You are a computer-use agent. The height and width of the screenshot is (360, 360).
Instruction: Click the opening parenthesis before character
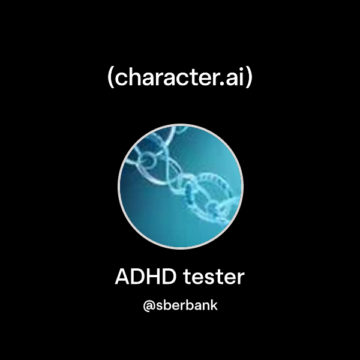[x=111, y=79]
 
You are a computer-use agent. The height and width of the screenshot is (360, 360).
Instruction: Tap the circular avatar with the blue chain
[x=180, y=186]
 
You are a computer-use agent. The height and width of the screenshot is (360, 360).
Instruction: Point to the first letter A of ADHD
[x=122, y=277]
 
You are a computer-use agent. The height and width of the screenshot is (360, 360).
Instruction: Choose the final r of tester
[x=241, y=279]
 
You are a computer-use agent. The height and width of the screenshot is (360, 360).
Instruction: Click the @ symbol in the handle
[x=148, y=305]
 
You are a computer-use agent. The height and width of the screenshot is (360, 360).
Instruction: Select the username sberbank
[x=186, y=305]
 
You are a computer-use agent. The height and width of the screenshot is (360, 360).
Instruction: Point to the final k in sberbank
[x=213, y=305]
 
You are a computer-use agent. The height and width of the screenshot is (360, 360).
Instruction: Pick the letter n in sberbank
[x=204, y=306]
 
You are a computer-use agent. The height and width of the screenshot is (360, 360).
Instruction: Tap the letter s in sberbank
[x=159, y=306]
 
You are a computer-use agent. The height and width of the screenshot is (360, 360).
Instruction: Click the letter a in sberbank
[x=195, y=306]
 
